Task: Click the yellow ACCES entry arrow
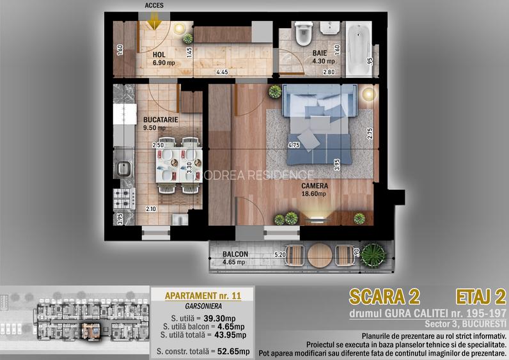pyautogui.click(x=154, y=23)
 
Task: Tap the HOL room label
pyautogui.click(x=159, y=55)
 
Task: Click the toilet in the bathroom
pyautogui.click(x=304, y=33)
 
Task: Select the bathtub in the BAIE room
pyautogui.click(x=358, y=49)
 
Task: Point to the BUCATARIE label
pyautogui.click(x=161, y=120)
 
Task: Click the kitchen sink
pyautogui.click(x=123, y=168)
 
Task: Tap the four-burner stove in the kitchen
pyautogui.click(x=124, y=199)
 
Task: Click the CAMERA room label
pyautogui.click(x=315, y=186)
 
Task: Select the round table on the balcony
pyautogui.click(x=320, y=256)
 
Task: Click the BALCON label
pyautogui.click(x=235, y=254)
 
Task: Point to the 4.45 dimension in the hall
pyautogui.click(x=222, y=72)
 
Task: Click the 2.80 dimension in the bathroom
pyautogui.click(x=329, y=72)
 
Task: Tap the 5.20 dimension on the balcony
pyautogui.click(x=280, y=255)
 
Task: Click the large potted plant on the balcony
pyautogui.click(x=373, y=256)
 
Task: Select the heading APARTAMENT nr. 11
pyautogui.click(x=203, y=295)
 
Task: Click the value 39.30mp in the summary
pyautogui.click(x=219, y=318)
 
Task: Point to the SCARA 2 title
pyautogui.click(x=385, y=297)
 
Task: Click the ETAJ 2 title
pyautogui.click(x=481, y=297)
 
